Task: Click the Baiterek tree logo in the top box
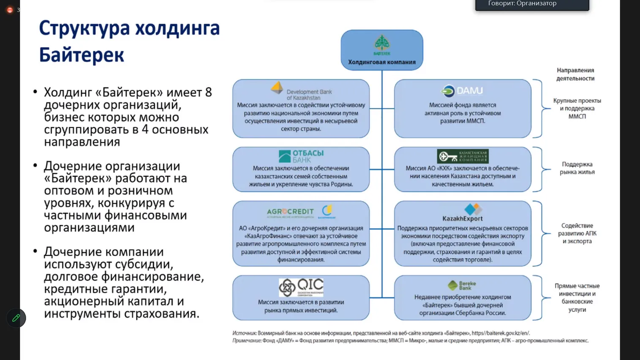pyautogui.click(x=382, y=44)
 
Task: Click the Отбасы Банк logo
pyautogui.click(x=301, y=156)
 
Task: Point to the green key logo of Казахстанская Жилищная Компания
pyautogui.click(x=463, y=156)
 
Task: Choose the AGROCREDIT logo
pyautogui.click(x=291, y=212)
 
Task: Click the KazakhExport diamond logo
pyautogui.click(x=472, y=209)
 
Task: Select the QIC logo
pyautogui.click(x=301, y=287)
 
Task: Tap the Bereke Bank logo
pyautogui.click(x=462, y=286)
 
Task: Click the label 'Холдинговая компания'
pyautogui.click(x=382, y=62)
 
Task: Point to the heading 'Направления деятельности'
pyautogui.click(x=575, y=74)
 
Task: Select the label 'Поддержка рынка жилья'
pyautogui.click(x=577, y=168)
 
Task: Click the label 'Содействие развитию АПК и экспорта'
pyautogui.click(x=577, y=233)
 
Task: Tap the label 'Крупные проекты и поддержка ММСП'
pyautogui.click(x=577, y=109)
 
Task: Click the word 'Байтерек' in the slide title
pyautogui.click(x=82, y=55)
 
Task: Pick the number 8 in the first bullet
pyautogui.click(x=208, y=92)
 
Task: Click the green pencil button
pyautogui.click(x=16, y=318)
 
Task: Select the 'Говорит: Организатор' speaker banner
pyautogui.click(x=532, y=4)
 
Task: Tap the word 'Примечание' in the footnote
pyautogui.click(x=247, y=341)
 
